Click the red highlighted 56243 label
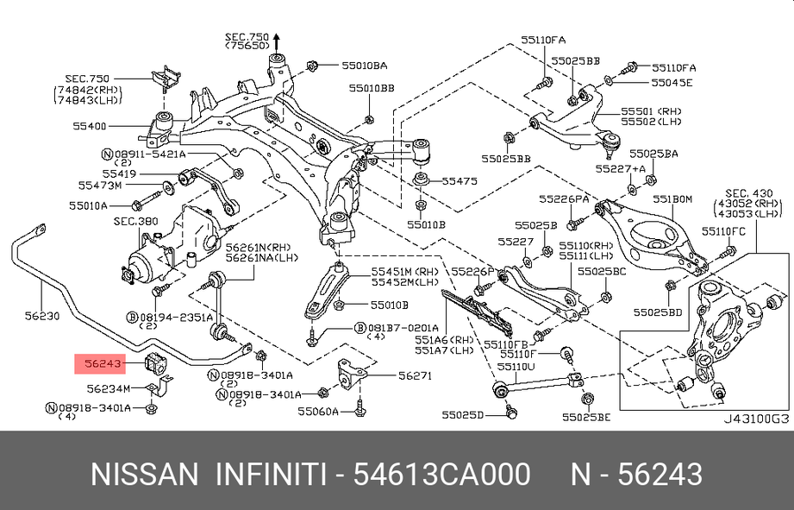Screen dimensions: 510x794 tap(103, 363)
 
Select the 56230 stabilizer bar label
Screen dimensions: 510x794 tap(41, 317)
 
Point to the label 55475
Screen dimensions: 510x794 tap(459, 182)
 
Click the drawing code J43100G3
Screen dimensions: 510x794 tap(755, 419)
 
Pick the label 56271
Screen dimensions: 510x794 tap(415, 375)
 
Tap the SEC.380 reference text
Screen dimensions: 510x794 tap(136, 222)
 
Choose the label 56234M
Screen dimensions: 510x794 tap(109, 389)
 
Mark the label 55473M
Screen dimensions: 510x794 tap(100, 186)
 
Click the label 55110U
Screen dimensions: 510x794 tap(519, 366)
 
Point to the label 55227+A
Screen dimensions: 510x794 tap(626, 169)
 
